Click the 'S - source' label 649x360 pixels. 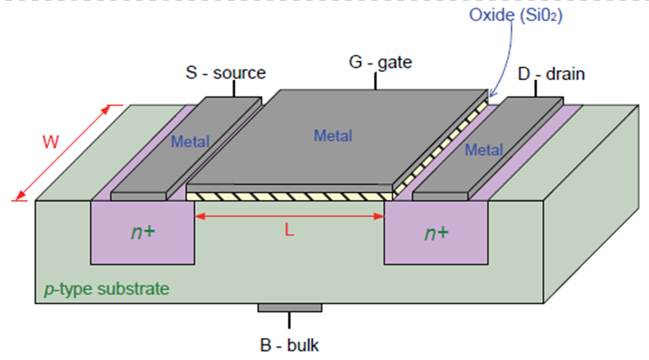pyautogui.click(x=225, y=73)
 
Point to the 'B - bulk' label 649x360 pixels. pyautogui.click(x=290, y=343)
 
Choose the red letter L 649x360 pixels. pyautogui.click(x=289, y=230)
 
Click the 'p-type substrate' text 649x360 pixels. pyautogui.click(x=108, y=289)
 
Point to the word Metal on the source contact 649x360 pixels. pyautogui.click(x=189, y=141)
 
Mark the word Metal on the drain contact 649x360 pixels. pyautogui.click(x=483, y=150)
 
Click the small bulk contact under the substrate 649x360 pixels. pyautogui.click(x=290, y=308)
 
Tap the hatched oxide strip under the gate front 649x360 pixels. pyautogui.click(x=289, y=197)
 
